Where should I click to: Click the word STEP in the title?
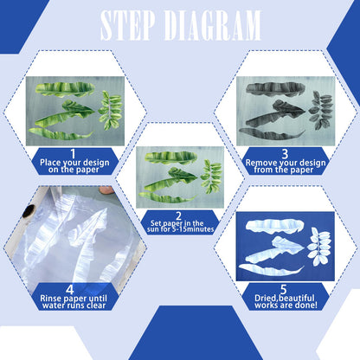(x=127, y=25)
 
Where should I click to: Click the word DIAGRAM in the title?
(x=212, y=25)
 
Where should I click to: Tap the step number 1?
(x=73, y=153)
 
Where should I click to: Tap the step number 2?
(x=178, y=215)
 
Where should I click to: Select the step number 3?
(x=285, y=153)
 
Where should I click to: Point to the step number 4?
(x=70, y=290)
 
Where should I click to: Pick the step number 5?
(x=284, y=289)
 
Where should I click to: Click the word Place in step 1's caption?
(x=50, y=163)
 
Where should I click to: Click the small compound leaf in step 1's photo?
(x=111, y=110)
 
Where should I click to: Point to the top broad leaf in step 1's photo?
(x=65, y=89)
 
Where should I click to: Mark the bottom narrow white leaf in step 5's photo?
(x=271, y=270)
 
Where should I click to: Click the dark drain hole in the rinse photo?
(x=29, y=211)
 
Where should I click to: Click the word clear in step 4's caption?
(x=94, y=305)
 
